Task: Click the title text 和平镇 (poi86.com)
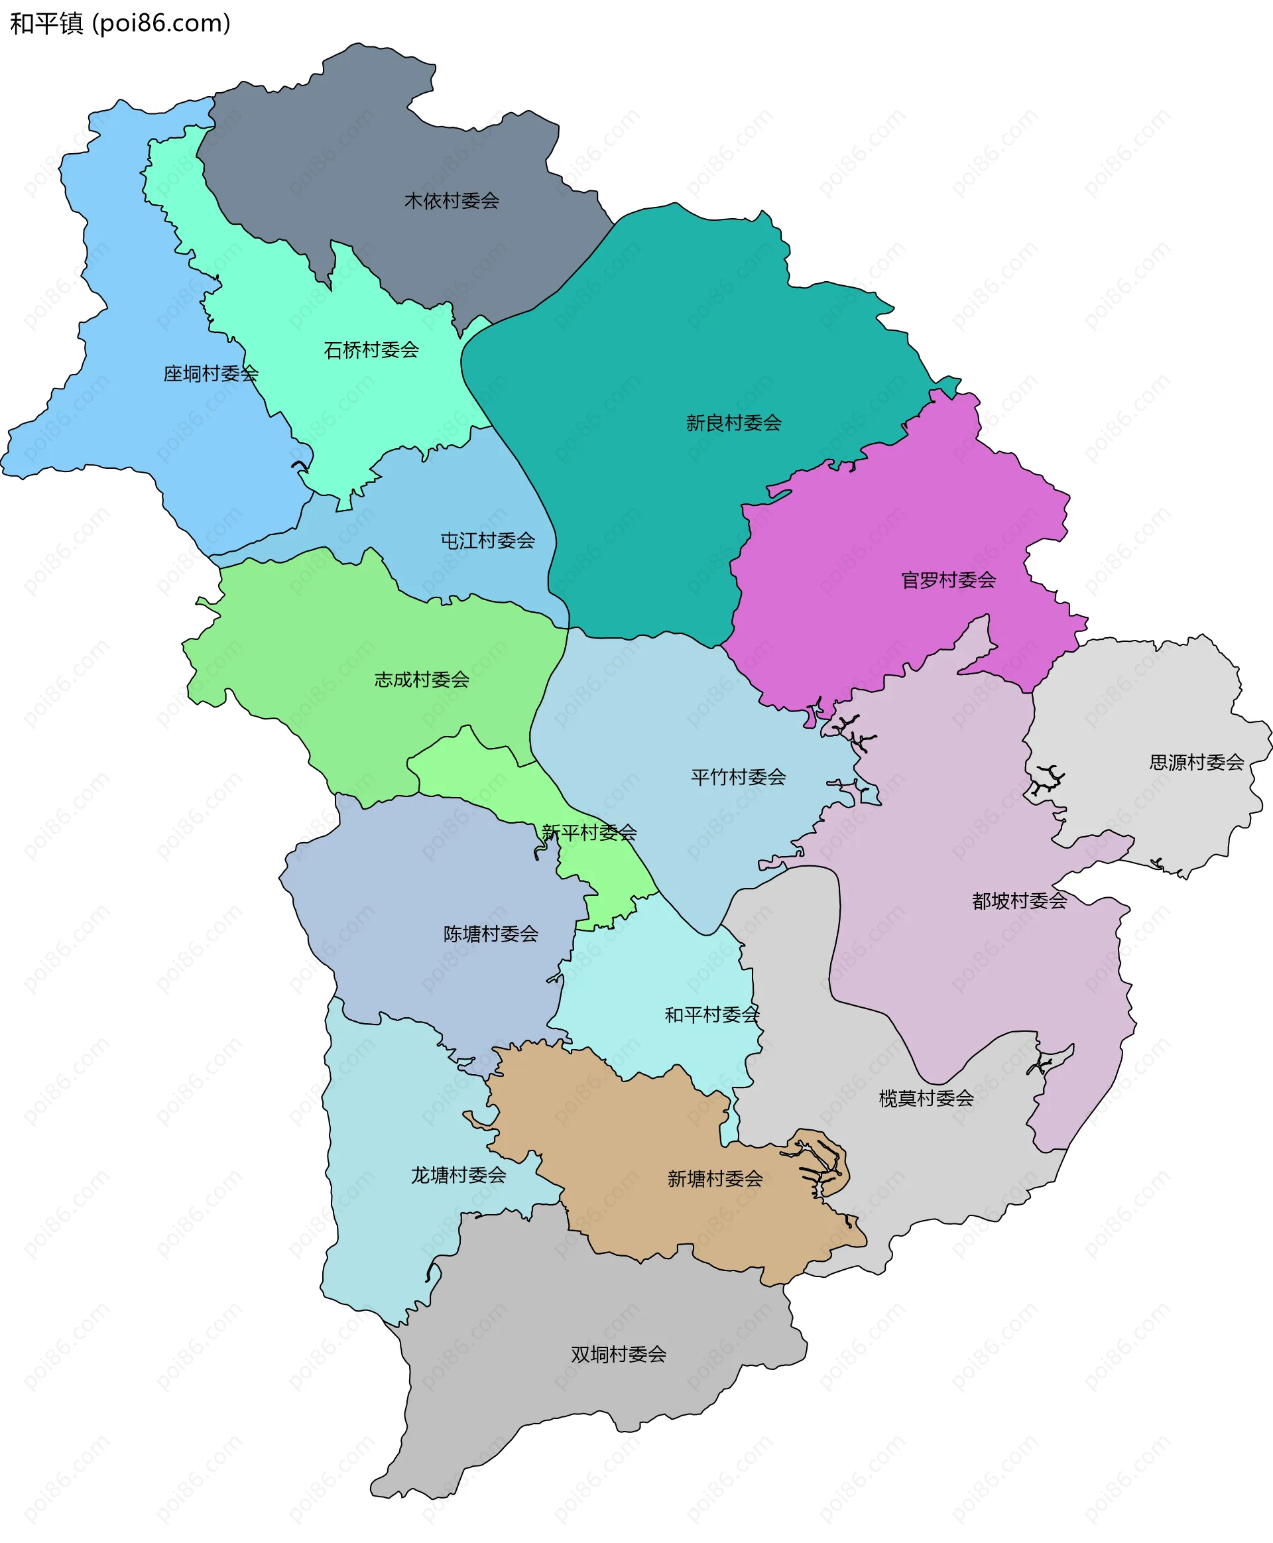click(x=120, y=23)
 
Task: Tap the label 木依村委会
click(x=452, y=200)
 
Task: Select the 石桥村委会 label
click(x=371, y=350)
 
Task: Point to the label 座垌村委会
click(x=210, y=373)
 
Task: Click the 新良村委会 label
click(x=733, y=422)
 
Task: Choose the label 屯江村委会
click(x=487, y=540)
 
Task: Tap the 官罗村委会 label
click(x=948, y=580)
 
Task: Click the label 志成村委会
click(x=422, y=679)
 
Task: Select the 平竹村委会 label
click(x=738, y=776)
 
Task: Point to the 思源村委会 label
click(x=1196, y=762)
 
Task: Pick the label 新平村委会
click(x=589, y=832)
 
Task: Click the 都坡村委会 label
click(x=1019, y=900)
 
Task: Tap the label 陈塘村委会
click(x=491, y=934)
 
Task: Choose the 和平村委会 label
click(x=711, y=1015)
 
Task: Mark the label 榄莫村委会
click(x=926, y=1098)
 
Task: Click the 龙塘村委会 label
click(x=458, y=1175)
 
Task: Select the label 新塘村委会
click(x=715, y=1178)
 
